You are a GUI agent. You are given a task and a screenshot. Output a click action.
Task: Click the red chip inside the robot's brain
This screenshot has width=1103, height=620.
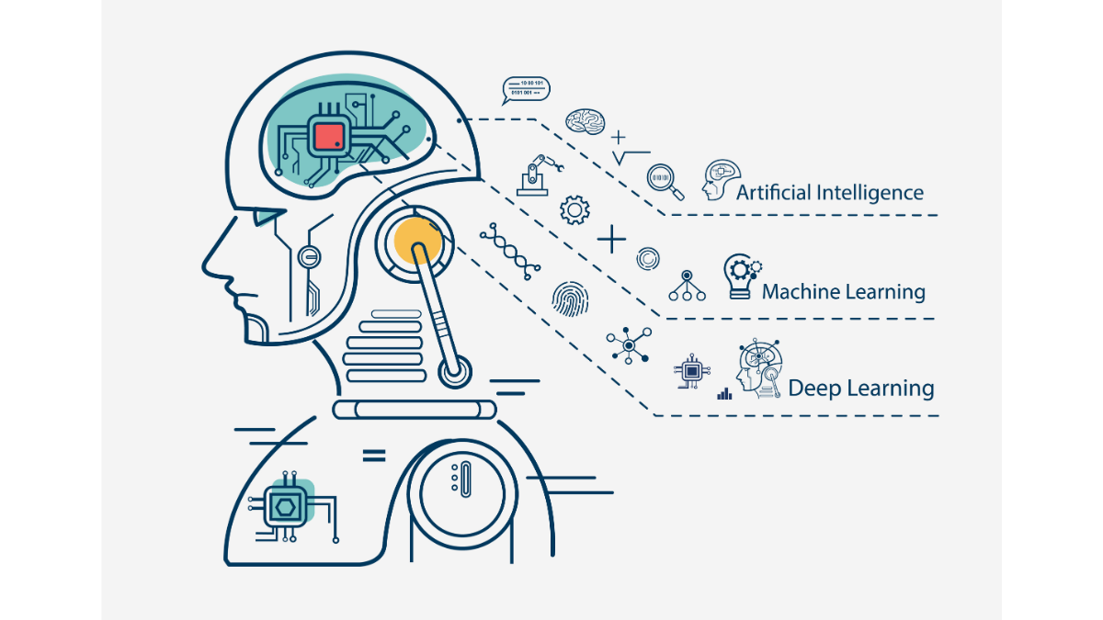point(328,137)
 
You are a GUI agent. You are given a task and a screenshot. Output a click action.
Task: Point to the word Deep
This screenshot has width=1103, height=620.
point(813,388)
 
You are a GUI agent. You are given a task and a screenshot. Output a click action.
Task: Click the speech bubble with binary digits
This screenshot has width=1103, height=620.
point(526,89)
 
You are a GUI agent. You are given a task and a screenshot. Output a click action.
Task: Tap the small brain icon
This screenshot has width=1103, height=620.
point(585,119)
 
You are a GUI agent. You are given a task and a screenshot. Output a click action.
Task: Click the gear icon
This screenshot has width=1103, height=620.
point(574,209)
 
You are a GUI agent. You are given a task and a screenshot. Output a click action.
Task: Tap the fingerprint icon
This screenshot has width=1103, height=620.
point(566,298)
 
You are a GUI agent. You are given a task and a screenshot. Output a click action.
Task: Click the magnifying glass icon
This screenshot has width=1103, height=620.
point(665,180)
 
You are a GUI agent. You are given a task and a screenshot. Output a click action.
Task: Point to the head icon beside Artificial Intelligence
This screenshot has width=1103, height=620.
point(721,181)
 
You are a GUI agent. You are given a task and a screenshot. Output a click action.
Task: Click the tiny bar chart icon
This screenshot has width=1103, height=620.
point(724,393)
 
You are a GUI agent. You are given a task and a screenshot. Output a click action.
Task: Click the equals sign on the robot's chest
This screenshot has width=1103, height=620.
point(373,454)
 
